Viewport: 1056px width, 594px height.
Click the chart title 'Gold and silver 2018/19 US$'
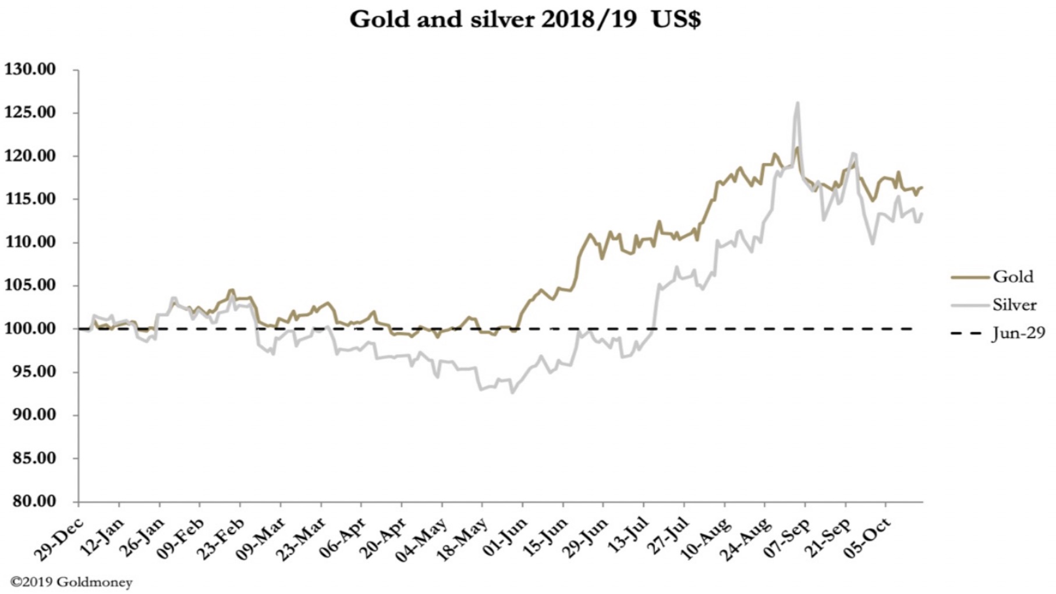525,20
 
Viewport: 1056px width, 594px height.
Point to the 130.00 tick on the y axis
30,69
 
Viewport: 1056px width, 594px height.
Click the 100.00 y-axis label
30,328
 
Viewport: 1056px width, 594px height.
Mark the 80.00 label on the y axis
30,501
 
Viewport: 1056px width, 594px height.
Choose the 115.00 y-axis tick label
30,199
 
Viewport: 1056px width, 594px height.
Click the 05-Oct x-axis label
868,539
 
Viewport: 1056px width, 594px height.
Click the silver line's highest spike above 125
797,103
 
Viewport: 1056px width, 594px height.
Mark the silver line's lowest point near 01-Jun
512,393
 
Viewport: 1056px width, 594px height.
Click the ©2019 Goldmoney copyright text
71,582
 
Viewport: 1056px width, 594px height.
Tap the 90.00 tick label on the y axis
30,415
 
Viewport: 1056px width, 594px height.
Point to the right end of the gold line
922,188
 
